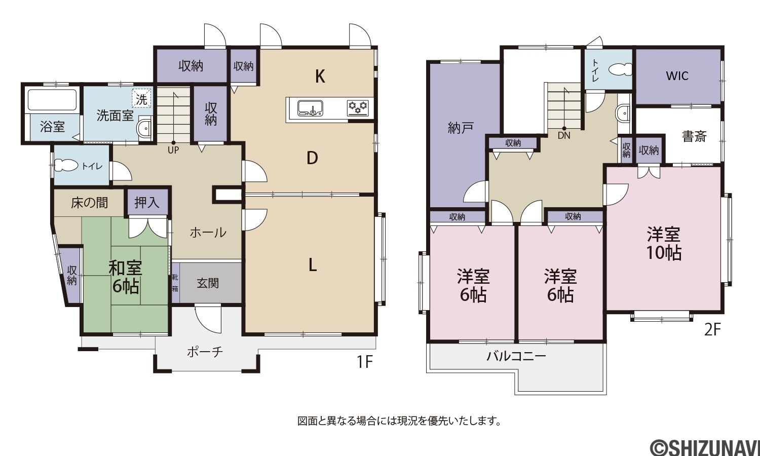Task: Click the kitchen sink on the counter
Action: coord(310,108)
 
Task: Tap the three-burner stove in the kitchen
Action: coord(358,108)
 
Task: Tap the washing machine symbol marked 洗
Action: coord(141,99)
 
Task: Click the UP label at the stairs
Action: coord(173,150)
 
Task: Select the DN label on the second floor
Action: coord(564,136)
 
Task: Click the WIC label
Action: coord(677,75)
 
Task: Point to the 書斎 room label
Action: coord(694,136)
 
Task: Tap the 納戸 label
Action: coord(461,128)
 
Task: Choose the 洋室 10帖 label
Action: coord(663,243)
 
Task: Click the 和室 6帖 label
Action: coord(125,277)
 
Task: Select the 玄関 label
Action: coord(208,283)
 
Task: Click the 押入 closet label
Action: coord(146,203)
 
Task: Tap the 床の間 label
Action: coord(90,203)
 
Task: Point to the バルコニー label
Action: coord(516,356)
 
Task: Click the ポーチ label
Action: coord(205,352)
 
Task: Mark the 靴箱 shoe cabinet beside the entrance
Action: coord(175,283)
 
